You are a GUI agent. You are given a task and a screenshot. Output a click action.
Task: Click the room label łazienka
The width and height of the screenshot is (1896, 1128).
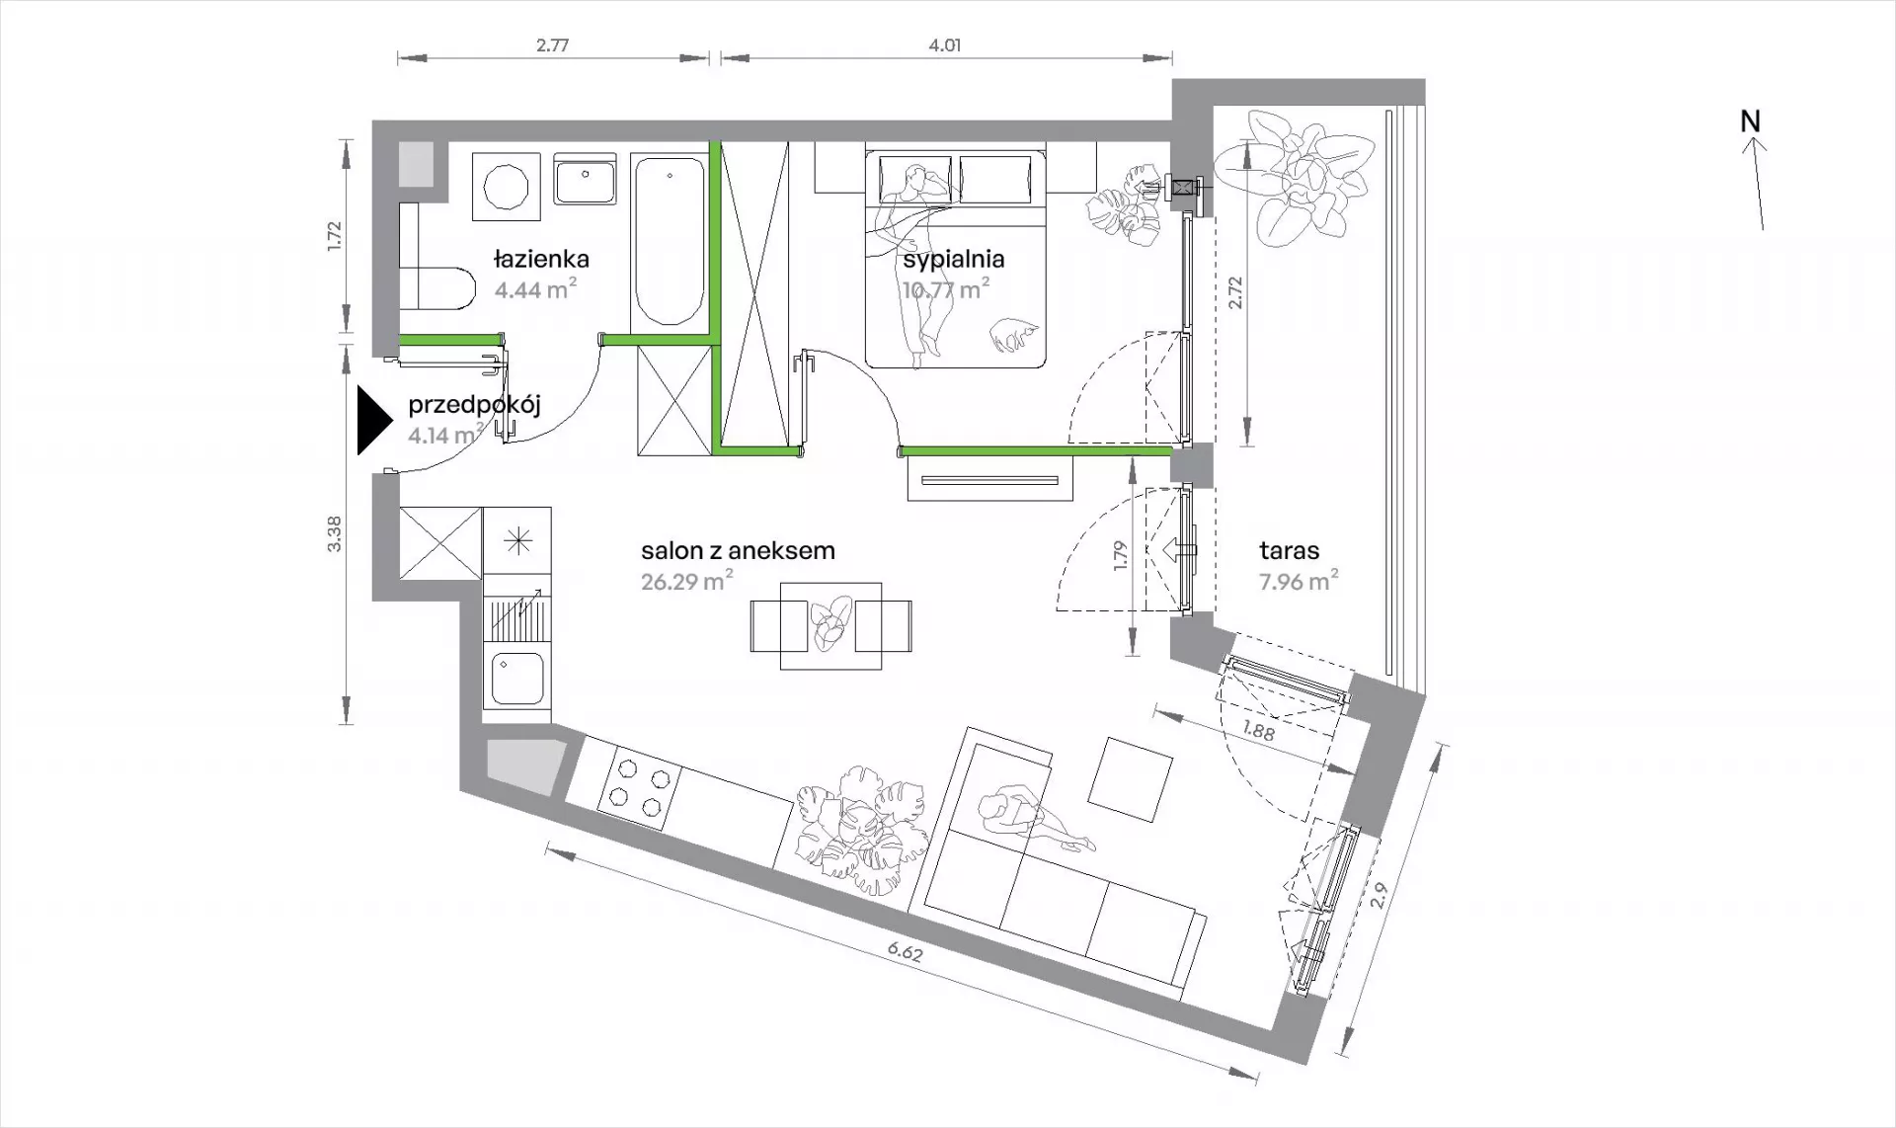click(x=541, y=260)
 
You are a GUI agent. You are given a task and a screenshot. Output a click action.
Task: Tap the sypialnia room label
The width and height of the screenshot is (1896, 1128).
click(x=953, y=260)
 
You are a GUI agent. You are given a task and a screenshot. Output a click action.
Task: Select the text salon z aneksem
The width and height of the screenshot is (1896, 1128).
click(x=738, y=550)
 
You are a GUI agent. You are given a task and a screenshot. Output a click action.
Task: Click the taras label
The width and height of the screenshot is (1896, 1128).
click(x=1289, y=550)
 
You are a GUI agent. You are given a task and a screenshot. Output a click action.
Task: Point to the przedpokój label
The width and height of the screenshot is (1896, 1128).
click(x=474, y=406)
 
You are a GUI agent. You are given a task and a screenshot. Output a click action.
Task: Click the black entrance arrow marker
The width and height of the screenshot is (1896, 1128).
click(x=374, y=421)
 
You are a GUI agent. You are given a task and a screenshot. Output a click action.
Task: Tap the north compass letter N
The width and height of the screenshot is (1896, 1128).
click(x=1750, y=121)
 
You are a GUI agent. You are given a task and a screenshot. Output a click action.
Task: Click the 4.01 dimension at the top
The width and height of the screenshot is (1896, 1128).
click(x=945, y=45)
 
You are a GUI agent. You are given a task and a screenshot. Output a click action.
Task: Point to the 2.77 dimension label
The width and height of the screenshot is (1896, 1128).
click(x=552, y=45)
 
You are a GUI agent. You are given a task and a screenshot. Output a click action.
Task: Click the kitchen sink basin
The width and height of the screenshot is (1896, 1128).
click(x=517, y=680)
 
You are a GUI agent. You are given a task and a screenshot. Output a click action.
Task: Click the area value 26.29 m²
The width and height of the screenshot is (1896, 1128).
click(x=686, y=581)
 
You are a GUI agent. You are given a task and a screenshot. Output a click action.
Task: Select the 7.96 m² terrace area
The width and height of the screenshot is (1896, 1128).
click(x=1299, y=581)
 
